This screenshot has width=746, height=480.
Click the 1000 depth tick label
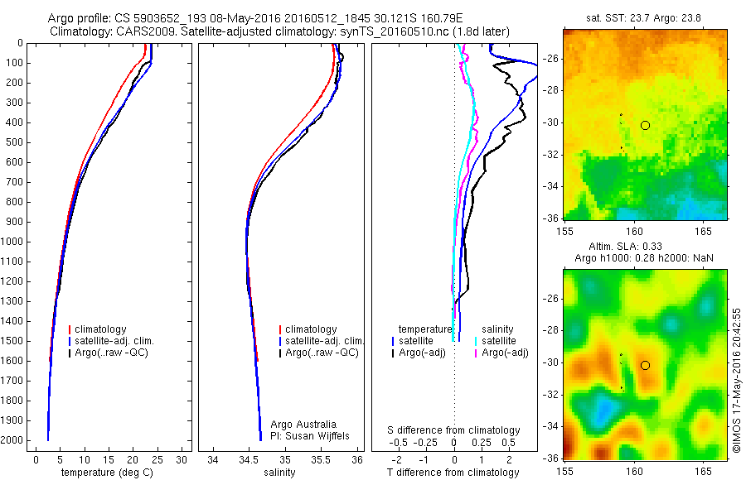pos(13,242)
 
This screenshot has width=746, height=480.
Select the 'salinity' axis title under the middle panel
pos(278,473)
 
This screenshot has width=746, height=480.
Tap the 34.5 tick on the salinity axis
pos(249,458)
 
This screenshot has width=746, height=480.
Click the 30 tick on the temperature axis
pos(182,458)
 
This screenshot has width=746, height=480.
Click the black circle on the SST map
pos(645,125)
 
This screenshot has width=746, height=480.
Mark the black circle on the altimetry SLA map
pos(645,365)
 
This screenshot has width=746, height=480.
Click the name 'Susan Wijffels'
pos(319,435)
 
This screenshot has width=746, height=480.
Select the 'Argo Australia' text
pos(304,425)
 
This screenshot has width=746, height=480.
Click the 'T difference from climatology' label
pos(453,473)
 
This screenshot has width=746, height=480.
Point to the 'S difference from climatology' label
pos(454,430)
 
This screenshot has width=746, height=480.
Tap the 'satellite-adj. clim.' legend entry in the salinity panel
pos(324,341)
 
